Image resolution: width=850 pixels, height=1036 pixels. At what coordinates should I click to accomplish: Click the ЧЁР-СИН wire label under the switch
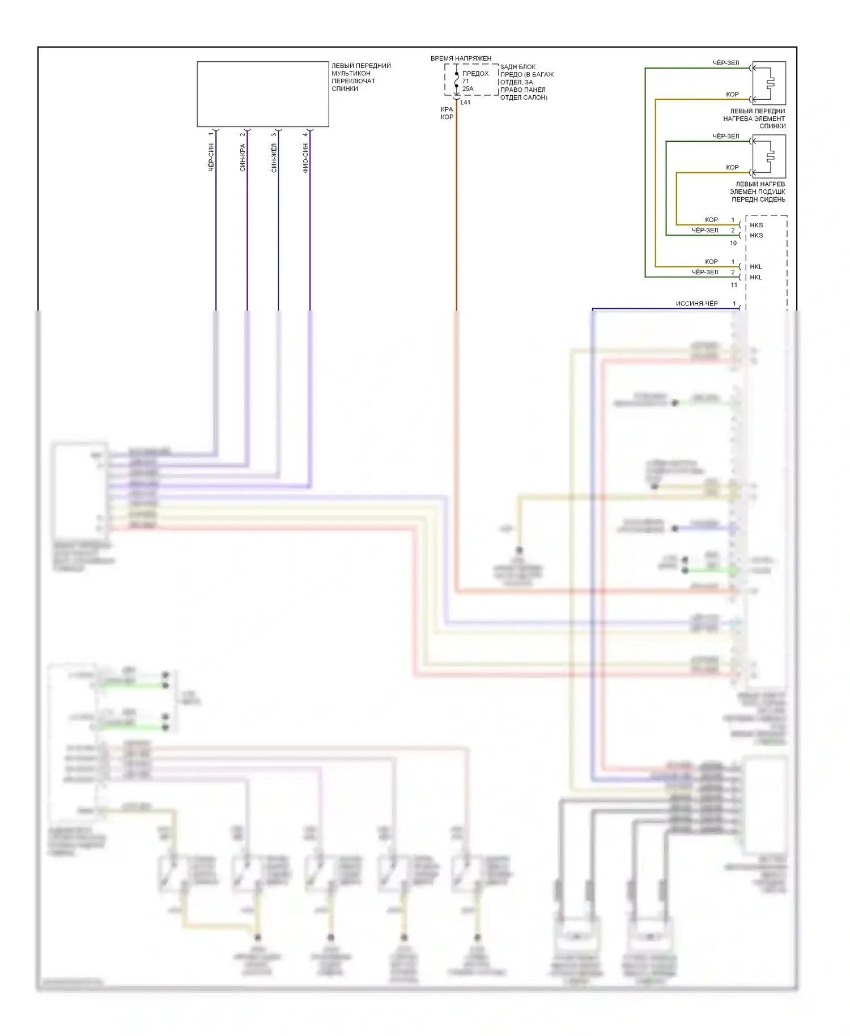click(x=211, y=158)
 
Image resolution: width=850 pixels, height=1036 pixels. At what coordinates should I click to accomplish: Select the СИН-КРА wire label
click(x=243, y=158)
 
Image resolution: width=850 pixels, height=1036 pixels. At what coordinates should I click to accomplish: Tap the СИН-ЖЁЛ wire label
click(x=274, y=158)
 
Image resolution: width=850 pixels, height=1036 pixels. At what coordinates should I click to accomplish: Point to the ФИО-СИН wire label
click(x=305, y=158)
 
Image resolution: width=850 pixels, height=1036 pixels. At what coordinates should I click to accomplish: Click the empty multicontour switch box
click(x=262, y=94)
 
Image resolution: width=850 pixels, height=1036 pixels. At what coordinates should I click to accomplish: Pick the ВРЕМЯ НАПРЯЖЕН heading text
click(x=461, y=58)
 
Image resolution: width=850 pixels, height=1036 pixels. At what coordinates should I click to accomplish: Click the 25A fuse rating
click(x=467, y=89)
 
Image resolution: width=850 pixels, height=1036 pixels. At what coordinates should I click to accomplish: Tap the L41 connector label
click(x=465, y=103)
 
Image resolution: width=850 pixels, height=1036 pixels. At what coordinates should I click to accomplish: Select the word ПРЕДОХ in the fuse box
click(x=475, y=74)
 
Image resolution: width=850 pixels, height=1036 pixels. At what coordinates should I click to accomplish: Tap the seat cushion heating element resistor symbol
click(x=769, y=156)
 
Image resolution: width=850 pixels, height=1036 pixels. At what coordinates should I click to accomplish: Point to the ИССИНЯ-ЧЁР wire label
click(x=696, y=304)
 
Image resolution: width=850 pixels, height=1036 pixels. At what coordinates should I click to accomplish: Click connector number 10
click(x=733, y=243)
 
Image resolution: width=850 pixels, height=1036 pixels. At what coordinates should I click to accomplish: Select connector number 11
click(x=734, y=285)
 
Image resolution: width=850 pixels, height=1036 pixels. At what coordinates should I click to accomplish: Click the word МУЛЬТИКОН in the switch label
click(x=351, y=74)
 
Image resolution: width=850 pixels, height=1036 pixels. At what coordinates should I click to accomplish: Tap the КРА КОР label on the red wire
click(x=447, y=113)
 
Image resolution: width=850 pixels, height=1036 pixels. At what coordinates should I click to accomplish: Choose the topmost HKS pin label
click(x=756, y=225)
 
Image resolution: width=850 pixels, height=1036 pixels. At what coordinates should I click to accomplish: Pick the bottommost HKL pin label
click(x=756, y=277)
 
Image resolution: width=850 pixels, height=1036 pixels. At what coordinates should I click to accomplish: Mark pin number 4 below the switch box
click(x=305, y=134)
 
